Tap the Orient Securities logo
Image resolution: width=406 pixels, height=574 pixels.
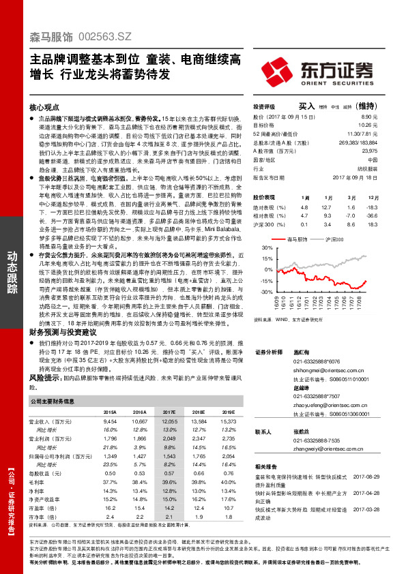(x=325, y=71)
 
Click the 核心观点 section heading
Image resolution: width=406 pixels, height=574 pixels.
(x=44, y=108)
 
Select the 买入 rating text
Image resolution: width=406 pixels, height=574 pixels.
(x=307, y=106)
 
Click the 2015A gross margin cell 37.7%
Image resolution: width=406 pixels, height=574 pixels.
(x=109, y=462)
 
